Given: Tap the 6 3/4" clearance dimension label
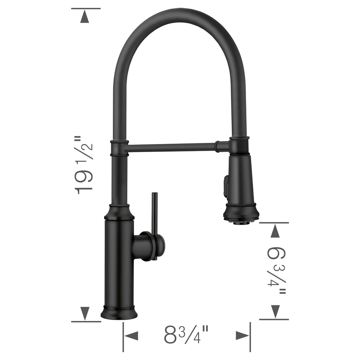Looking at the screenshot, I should [x=276, y=270].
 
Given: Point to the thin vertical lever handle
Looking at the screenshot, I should [x=154, y=213].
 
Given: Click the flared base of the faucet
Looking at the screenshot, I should [x=119, y=313].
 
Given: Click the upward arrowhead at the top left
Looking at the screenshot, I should [x=85, y=17].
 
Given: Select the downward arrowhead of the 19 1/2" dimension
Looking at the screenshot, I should [x=85, y=313].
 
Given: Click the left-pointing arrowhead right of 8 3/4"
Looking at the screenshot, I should [x=242, y=336].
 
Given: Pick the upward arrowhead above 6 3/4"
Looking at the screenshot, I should [x=275, y=231].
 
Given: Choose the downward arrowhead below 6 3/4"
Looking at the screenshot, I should [x=275, y=311].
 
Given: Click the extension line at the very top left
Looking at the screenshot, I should [x=86, y=8].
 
